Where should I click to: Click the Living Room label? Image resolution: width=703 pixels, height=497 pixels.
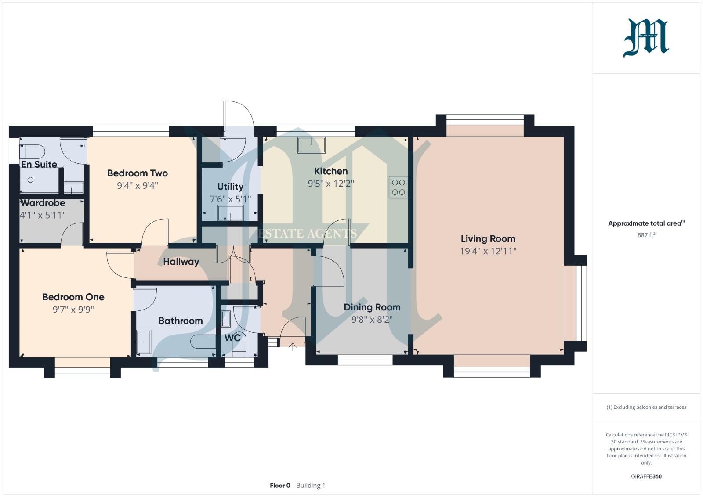(488, 239)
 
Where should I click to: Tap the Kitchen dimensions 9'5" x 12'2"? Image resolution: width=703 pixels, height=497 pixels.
(331, 184)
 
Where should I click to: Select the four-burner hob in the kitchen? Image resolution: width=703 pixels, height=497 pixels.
(398, 187)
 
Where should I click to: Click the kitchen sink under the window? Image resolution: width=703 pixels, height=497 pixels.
(312, 145)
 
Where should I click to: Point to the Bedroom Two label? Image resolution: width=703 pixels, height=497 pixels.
(138, 173)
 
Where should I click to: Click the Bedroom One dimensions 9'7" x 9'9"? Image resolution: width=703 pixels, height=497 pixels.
(73, 310)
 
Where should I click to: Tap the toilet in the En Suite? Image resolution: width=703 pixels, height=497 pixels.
(33, 152)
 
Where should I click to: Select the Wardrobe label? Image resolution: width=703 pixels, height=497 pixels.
(43, 203)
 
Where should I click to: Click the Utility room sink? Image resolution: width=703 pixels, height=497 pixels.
(231, 213)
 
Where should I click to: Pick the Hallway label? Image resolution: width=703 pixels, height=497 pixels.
(181, 262)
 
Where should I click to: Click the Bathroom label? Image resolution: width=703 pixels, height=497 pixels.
(181, 321)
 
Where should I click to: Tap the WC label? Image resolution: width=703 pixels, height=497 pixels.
(232, 338)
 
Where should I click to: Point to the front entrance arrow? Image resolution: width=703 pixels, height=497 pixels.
(293, 347)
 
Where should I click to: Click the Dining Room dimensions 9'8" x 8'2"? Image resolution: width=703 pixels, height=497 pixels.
(372, 320)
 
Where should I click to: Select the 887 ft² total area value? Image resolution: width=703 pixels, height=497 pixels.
(646, 235)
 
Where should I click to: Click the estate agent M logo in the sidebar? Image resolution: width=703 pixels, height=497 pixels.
(646, 38)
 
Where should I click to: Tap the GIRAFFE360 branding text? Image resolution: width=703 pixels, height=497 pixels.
(646, 476)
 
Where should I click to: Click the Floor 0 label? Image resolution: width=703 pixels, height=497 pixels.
(280, 486)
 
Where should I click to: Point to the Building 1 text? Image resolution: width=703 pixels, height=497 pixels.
(311, 486)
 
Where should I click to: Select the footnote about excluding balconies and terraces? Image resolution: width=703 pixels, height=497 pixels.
(646, 407)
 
